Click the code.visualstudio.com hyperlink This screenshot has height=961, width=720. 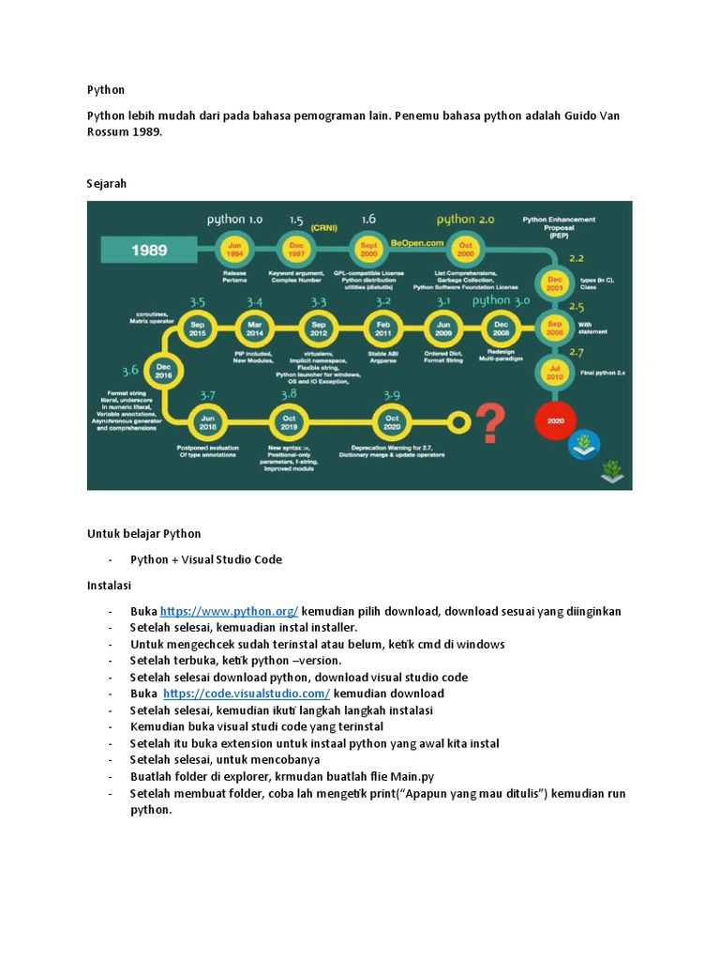(x=247, y=694)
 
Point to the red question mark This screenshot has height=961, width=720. (x=489, y=421)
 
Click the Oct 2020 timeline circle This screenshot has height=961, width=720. (x=392, y=421)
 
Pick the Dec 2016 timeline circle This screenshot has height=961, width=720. (x=164, y=373)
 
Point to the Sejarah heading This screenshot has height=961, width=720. (x=106, y=184)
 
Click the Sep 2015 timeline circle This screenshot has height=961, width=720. (x=197, y=328)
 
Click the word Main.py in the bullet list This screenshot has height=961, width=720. (x=413, y=776)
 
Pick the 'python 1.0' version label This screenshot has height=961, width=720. (x=234, y=220)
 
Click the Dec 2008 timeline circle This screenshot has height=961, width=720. (x=501, y=328)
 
